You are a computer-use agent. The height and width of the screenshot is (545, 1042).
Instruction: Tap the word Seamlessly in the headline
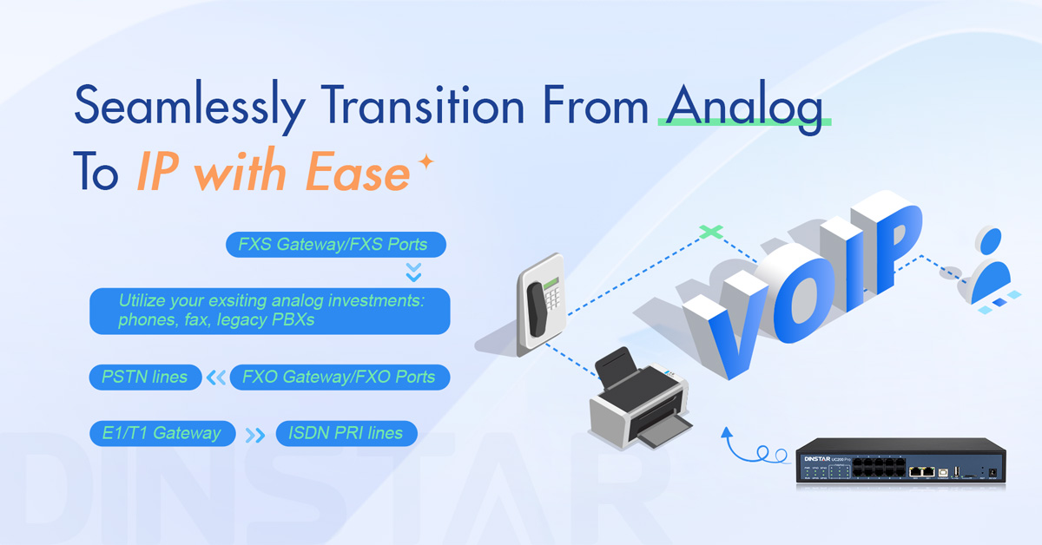190,106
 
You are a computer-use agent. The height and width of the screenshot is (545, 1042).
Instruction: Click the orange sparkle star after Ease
425,161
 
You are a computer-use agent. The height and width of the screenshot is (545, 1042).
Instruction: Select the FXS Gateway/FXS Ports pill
336,245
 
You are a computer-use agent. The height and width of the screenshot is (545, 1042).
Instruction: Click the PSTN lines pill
145,378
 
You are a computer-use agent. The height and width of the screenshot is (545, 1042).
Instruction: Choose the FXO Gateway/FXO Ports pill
340,378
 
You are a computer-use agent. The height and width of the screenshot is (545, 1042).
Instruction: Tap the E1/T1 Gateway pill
162,433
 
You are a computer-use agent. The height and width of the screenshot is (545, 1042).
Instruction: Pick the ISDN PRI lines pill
346,433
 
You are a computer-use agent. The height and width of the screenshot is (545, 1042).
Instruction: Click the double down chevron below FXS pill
413,272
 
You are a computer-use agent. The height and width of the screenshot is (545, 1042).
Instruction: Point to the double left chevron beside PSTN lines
216,378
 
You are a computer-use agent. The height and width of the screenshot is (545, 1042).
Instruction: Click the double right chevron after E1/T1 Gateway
255,436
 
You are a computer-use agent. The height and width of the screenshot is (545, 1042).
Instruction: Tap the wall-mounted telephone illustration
542,305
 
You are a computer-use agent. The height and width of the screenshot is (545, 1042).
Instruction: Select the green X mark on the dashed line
711,231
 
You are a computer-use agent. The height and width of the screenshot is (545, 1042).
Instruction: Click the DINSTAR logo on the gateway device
817,459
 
